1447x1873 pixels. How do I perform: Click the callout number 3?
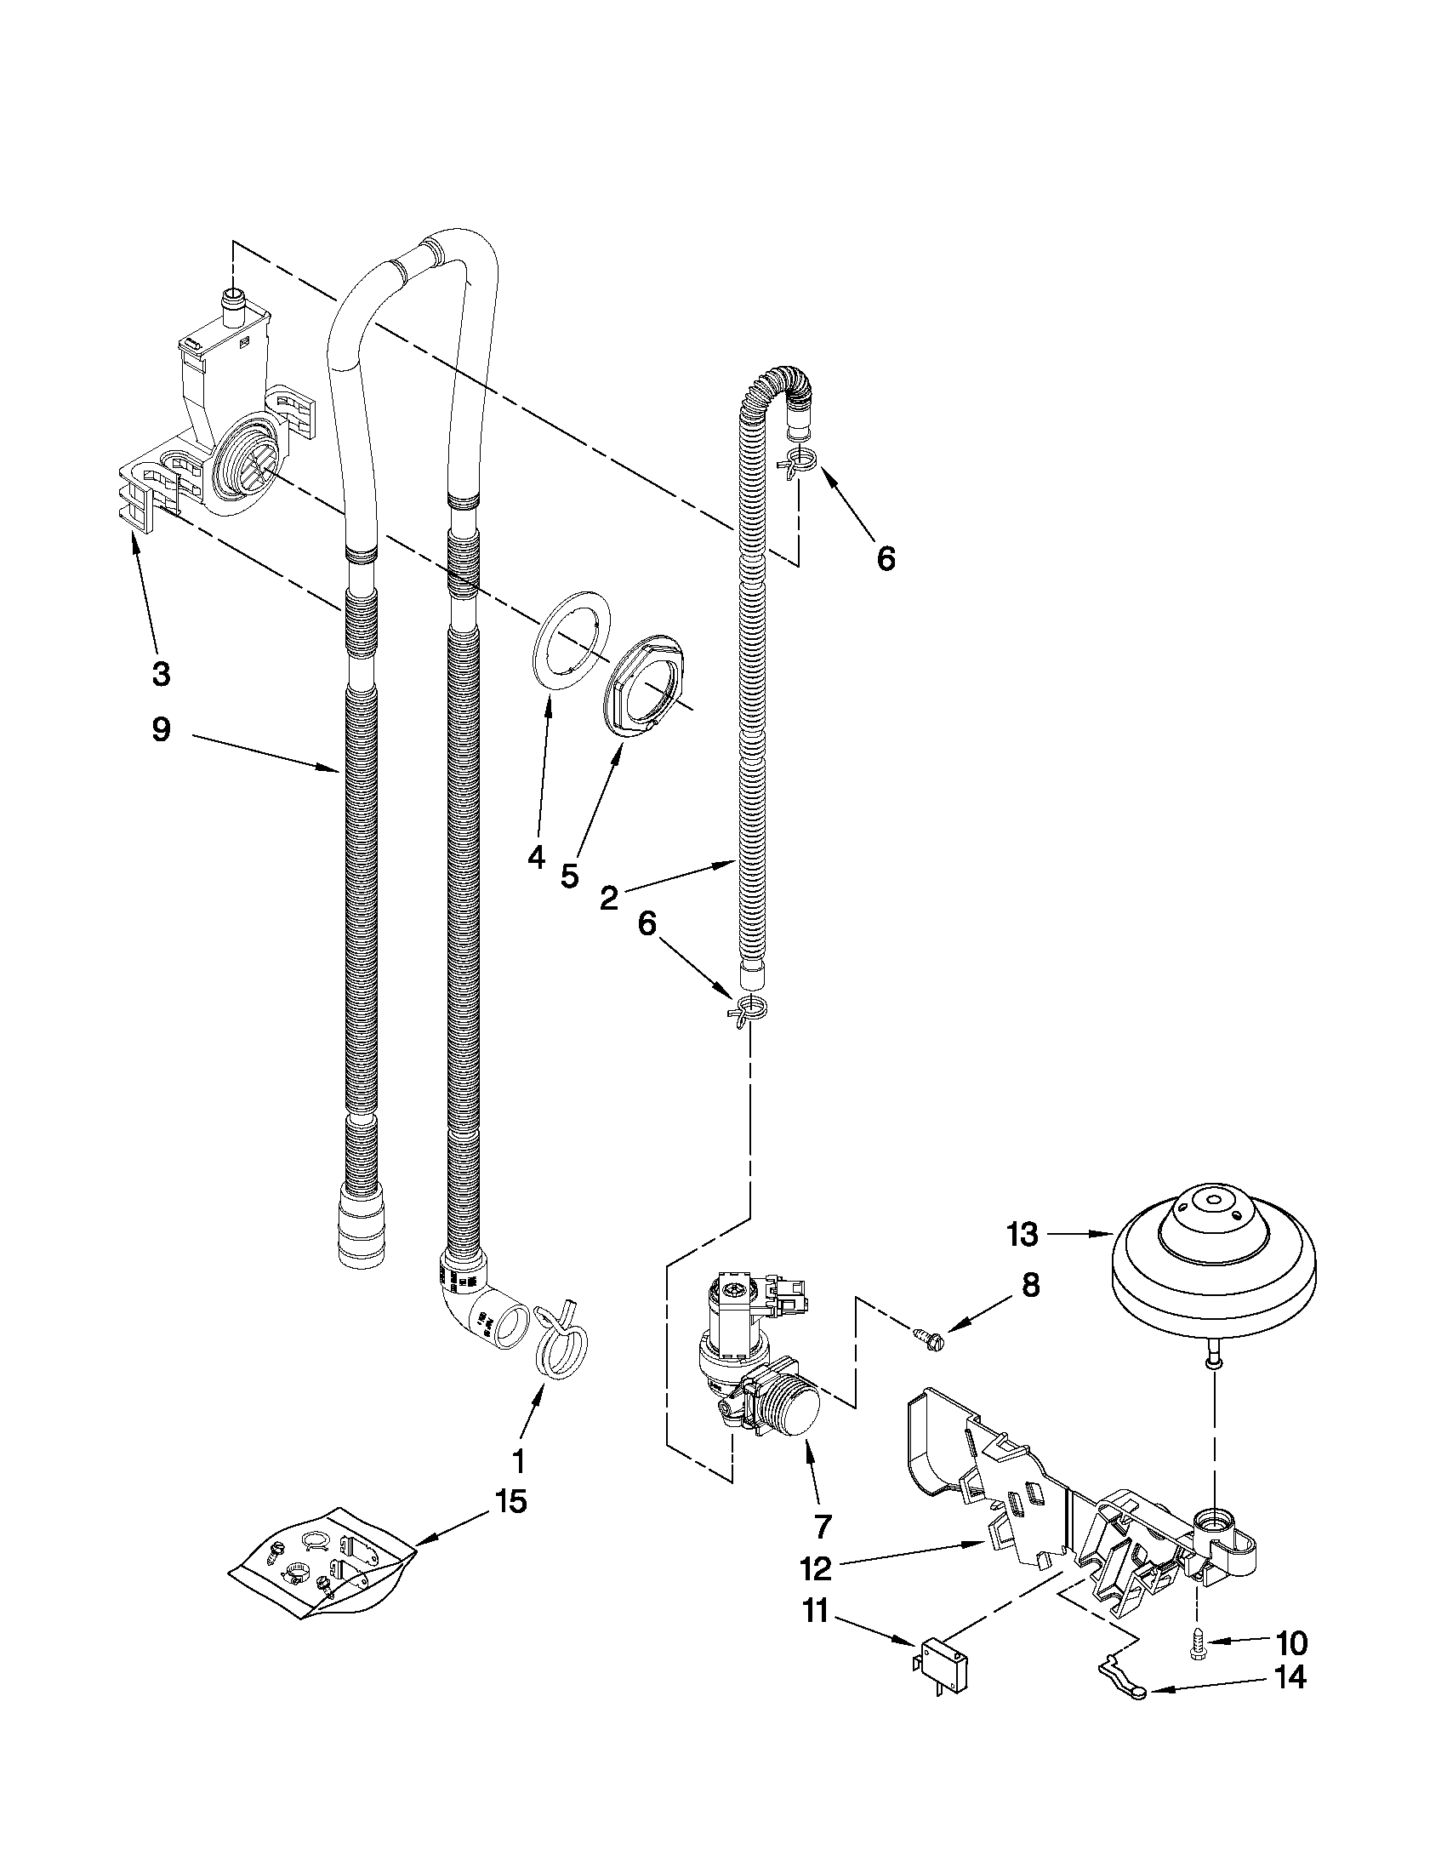click(x=161, y=673)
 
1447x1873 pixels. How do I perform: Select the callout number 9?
click(x=161, y=730)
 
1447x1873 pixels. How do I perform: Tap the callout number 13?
click(x=1023, y=1235)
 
